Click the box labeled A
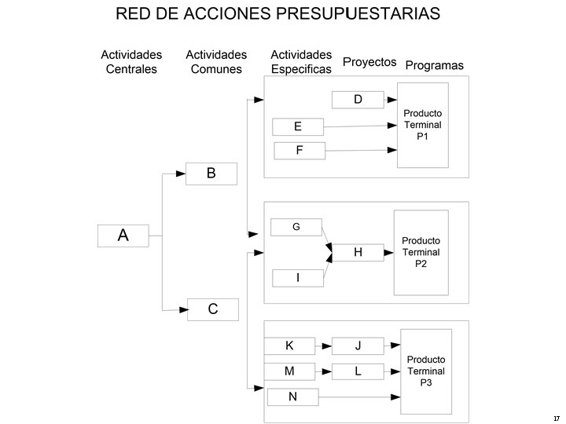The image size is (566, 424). click(123, 236)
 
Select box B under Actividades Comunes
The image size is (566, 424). click(211, 174)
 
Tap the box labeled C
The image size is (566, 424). click(213, 309)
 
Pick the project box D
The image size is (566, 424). click(358, 100)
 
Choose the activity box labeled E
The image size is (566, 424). click(298, 127)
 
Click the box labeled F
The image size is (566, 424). click(300, 151)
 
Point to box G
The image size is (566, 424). click(296, 227)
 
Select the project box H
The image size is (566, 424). click(358, 252)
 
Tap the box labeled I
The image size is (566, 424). click(298, 278)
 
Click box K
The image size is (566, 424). click(289, 346)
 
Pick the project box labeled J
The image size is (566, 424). click(358, 346)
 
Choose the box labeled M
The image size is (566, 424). click(289, 371)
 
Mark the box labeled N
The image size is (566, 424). click(292, 397)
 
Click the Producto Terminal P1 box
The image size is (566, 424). click(423, 125)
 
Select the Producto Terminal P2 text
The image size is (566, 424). click(421, 252)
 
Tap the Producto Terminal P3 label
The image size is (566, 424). click(426, 371)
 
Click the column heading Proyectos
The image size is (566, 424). click(369, 62)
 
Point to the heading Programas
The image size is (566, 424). click(434, 65)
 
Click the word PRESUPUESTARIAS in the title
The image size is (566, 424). click(358, 13)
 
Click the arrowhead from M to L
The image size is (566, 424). click(327, 371)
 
